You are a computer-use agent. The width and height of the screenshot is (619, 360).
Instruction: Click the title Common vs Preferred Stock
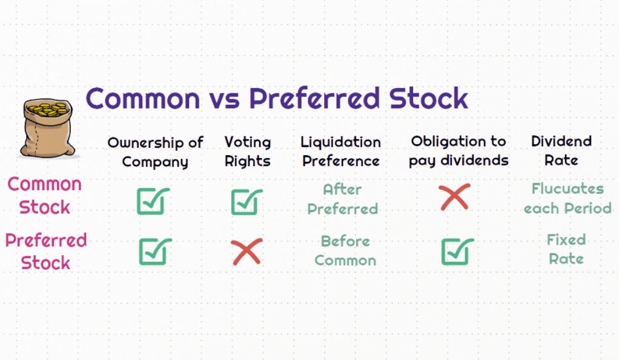[x=277, y=98]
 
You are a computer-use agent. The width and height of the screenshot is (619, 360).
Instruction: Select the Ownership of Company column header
[x=155, y=152]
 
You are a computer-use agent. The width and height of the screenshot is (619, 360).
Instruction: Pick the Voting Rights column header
[x=248, y=152]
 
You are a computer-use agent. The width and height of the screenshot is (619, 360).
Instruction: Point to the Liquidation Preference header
[x=340, y=152]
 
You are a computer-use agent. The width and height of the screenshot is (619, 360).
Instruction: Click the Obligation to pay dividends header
[x=458, y=151]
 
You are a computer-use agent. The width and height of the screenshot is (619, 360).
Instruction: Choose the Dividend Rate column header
[x=561, y=150]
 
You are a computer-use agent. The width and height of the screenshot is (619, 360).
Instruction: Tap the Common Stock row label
[x=45, y=196]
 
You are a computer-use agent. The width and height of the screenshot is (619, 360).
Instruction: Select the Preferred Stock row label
[x=46, y=252]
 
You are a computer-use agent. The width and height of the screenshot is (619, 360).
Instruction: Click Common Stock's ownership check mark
[x=153, y=201]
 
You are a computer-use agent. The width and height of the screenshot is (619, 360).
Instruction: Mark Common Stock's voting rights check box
[x=247, y=202]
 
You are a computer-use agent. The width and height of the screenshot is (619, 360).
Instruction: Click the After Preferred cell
[x=342, y=199]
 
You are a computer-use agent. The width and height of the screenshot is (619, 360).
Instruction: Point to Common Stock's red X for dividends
[x=455, y=197]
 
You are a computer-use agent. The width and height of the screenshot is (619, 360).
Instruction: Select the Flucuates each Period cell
[x=568, y=198]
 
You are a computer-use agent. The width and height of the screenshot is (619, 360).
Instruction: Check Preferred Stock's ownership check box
[x=155, y=252]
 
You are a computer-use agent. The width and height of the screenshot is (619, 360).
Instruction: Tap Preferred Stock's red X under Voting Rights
[x=247, y=252]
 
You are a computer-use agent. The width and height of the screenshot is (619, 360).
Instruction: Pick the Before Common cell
[x=345, y=250]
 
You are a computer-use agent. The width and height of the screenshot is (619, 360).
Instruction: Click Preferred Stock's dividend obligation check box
[x=457, y=252]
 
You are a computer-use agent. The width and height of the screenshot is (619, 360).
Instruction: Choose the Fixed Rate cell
[x=566, y=249]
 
